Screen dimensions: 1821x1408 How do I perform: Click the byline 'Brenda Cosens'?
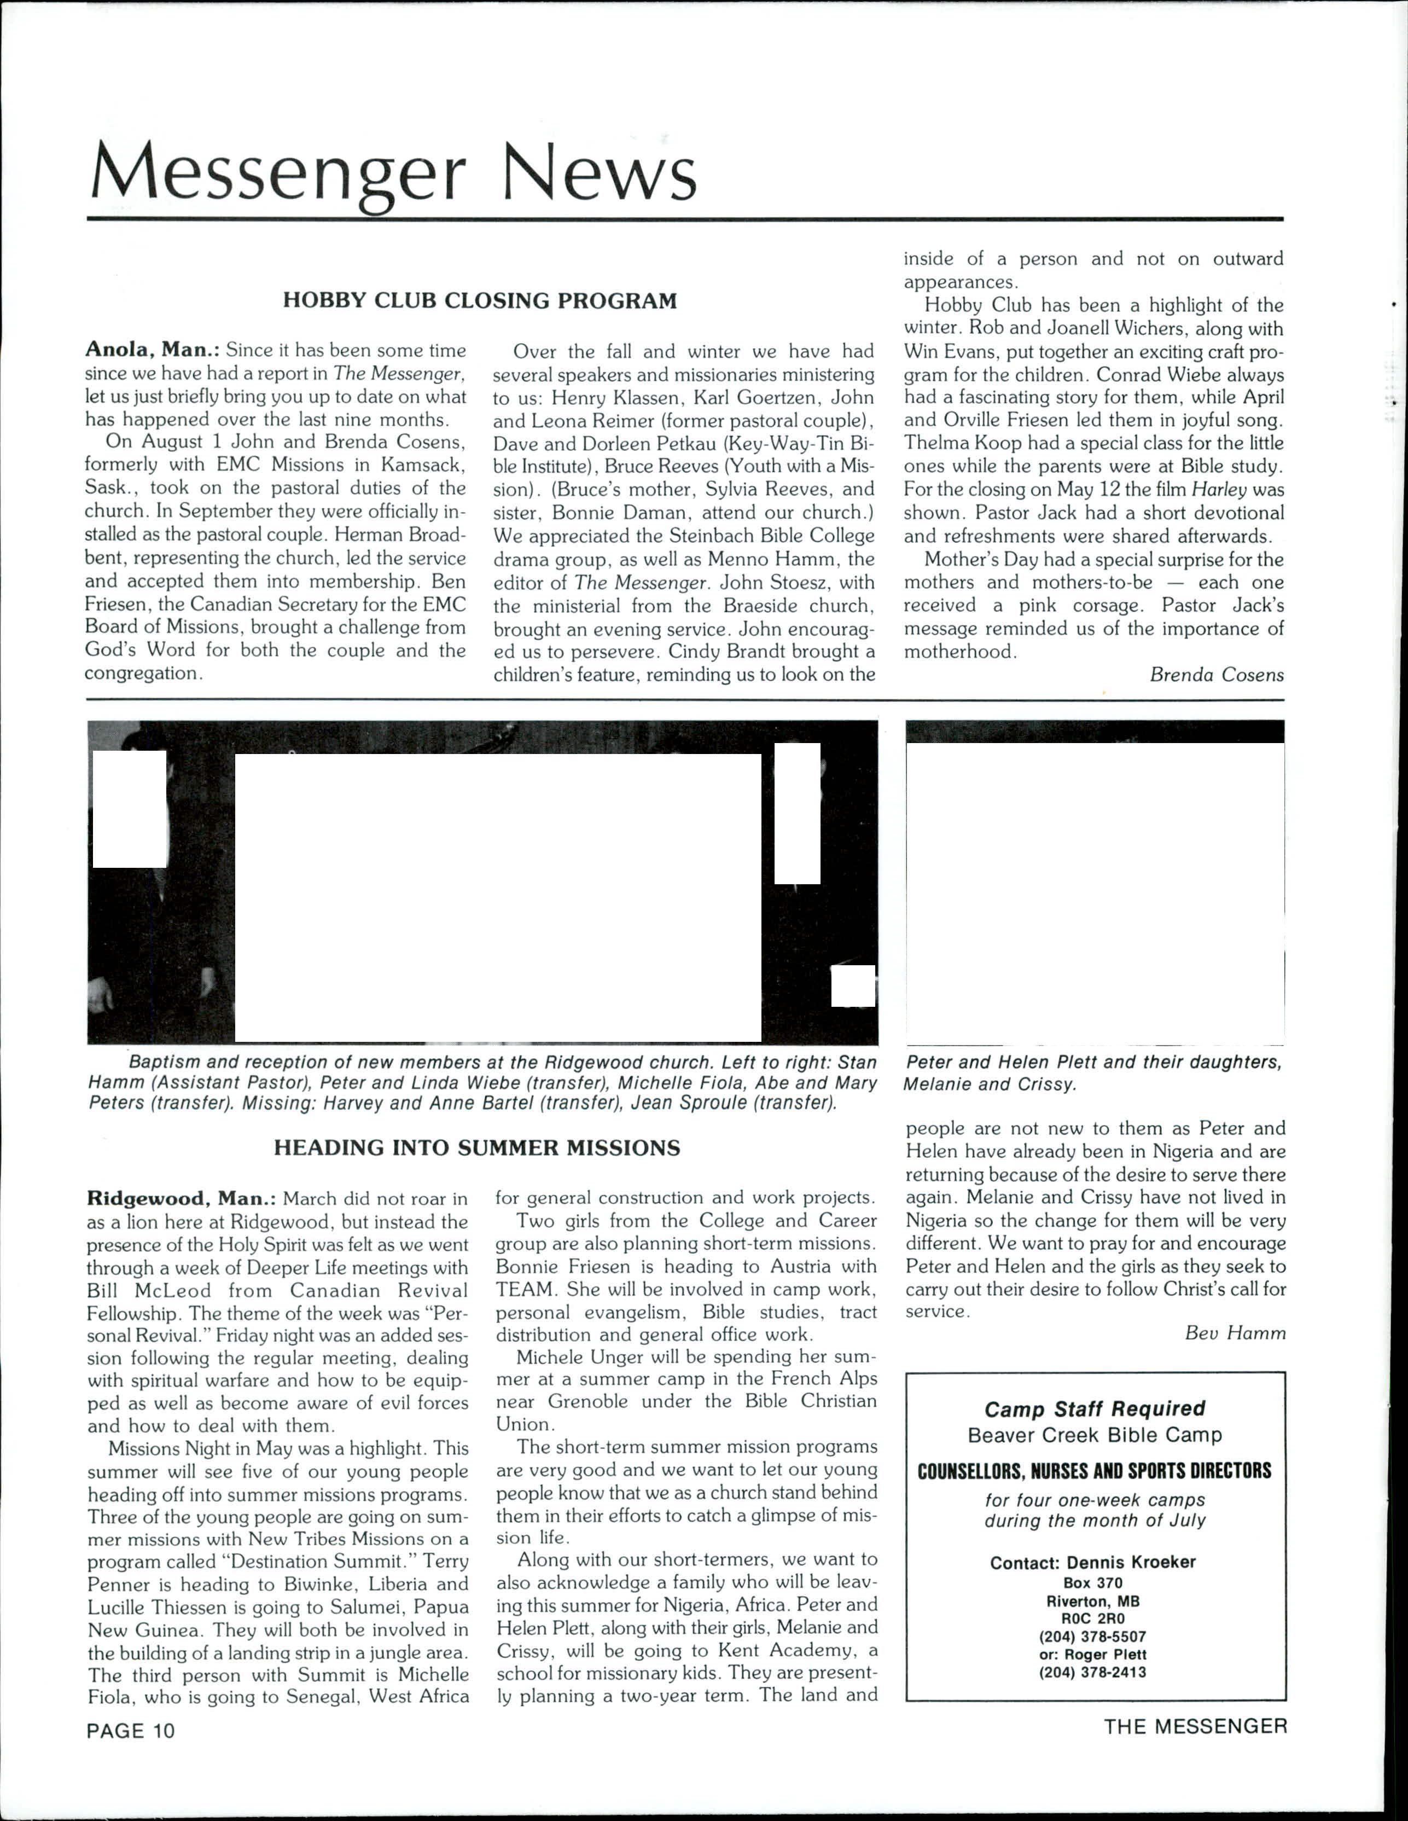[x=1216, y=675]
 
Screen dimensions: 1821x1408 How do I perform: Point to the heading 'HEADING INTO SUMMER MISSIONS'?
[x=477, y=1148]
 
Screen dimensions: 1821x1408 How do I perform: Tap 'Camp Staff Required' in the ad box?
[x=1093, y=1408]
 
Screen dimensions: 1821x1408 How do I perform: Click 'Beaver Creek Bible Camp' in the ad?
[x=1093, y=1435]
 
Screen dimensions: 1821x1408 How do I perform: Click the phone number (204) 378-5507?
[x=1093, y=1636]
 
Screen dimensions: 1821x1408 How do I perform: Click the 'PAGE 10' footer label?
[x=131, y=1730]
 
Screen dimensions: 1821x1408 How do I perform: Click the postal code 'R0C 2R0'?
[x=1093, y=1619]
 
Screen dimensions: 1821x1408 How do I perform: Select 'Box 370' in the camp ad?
[x=1093, y=1582]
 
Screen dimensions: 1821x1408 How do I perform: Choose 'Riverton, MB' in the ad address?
[x=1093, y=1601]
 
